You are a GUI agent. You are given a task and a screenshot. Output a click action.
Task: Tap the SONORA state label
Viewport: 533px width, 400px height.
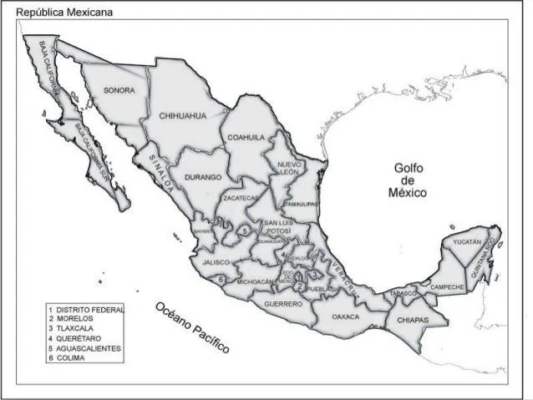118,89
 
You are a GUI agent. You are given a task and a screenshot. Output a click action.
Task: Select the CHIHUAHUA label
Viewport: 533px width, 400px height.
181,116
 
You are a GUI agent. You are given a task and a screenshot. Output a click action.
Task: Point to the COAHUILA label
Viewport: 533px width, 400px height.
245,137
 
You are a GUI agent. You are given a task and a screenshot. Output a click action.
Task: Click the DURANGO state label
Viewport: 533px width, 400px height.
203,177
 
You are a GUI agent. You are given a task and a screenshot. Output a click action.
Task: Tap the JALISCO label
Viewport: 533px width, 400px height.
216,262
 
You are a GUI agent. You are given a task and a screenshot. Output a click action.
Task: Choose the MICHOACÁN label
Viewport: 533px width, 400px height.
256,282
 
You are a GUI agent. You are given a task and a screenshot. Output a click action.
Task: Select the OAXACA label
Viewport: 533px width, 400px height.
345,317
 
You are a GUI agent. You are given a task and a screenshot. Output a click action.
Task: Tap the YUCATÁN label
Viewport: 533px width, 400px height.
467,242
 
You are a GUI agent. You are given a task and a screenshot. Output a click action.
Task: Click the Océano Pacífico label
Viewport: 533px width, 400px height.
191,327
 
